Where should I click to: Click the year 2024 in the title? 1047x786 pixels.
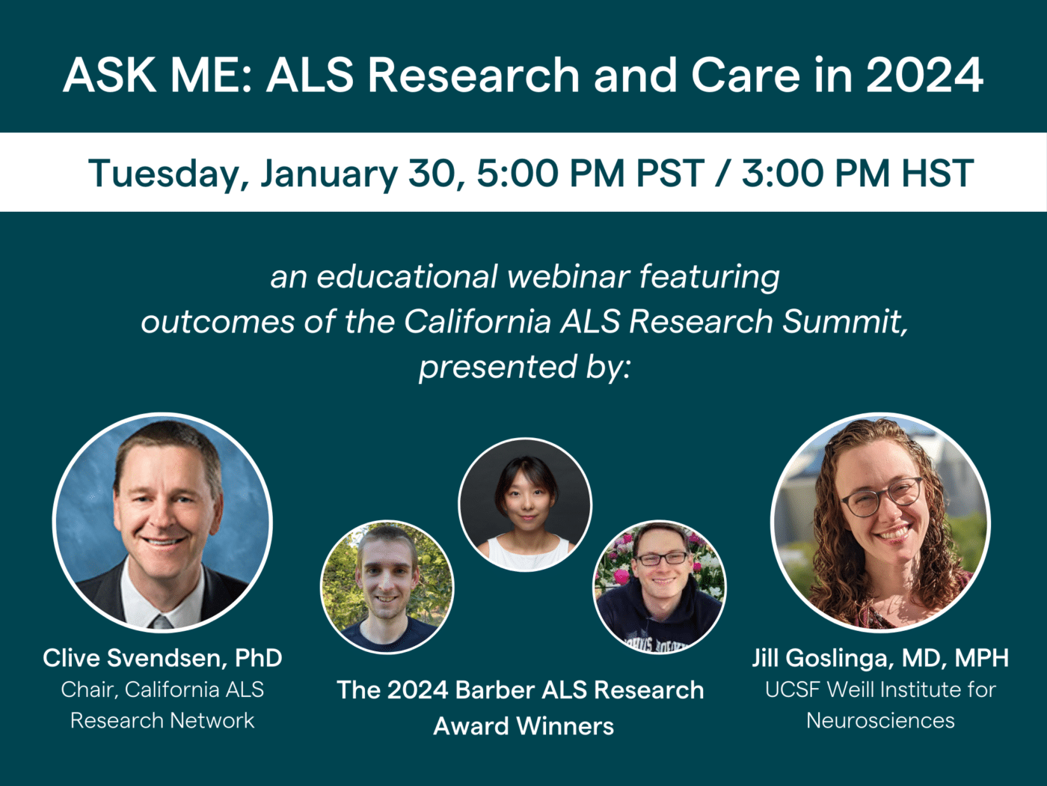point(924,76)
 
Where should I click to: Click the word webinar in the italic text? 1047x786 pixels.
point(568,277)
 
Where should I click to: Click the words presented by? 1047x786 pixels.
point(524,367)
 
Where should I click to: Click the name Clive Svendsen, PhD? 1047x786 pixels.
point(162,658)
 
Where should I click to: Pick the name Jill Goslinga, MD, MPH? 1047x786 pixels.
point(880,658)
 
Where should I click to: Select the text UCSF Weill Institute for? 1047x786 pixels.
point(880,689)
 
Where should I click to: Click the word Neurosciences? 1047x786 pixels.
point(880,720)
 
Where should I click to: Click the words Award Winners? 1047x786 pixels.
point(523,726)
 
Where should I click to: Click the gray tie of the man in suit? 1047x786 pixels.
point(161,621)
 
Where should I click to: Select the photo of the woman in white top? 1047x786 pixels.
point(525,505)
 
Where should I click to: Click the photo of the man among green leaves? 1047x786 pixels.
point(387,587)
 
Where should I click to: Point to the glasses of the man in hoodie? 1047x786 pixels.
point(662,558)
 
